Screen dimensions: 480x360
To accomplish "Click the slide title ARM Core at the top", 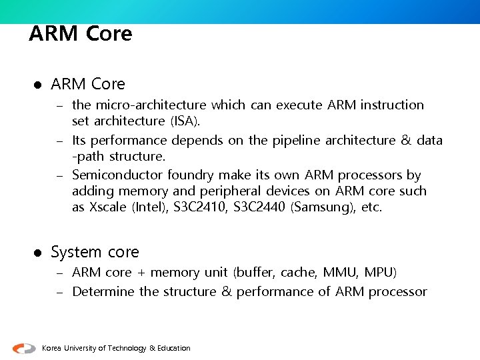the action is pyautogui.click(x=81, y=33).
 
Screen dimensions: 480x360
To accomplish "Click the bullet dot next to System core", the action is pyautogui.click(x=37, y=253).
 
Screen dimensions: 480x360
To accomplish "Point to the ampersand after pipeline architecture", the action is pyautogui.click(x=406, y=140).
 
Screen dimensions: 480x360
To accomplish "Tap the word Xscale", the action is pyautogui.click(x=107, y=207).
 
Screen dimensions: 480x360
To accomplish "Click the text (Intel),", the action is pyautogui.click(x=150, y=207).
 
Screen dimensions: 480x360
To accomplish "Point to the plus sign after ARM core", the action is pyautogui.click(x=141, y=272).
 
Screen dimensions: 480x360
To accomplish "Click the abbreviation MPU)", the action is pyautogui.click(x=380, y=272).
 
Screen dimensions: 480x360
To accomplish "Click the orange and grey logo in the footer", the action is pyautogui.click(x=24, y=348).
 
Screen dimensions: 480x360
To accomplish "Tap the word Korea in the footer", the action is pyautogui.click(x=52, y=348).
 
